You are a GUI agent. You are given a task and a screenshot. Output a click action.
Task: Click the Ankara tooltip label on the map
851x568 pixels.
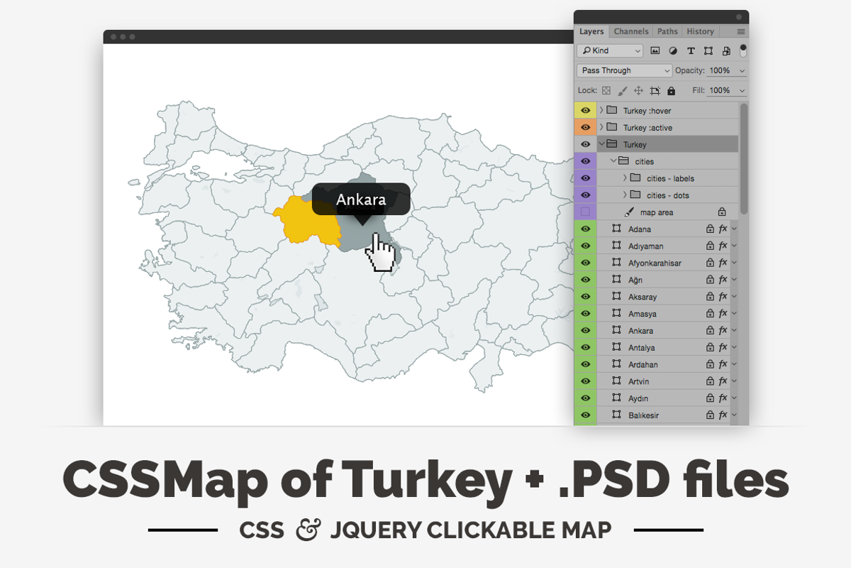[x=361, y=200]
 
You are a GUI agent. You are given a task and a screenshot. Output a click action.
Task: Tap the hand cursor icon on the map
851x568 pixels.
[x=382, y=254]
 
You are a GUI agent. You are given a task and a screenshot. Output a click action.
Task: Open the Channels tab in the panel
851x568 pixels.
[x=630, y=31]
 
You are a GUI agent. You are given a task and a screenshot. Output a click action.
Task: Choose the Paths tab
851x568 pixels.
[x=667, y=31]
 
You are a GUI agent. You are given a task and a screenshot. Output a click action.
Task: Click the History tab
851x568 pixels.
[x=700, y=31]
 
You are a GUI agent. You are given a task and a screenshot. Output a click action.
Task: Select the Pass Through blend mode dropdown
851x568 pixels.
[x=624, y=70]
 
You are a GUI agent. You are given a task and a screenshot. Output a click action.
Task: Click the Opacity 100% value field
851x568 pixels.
[x=720, y=70]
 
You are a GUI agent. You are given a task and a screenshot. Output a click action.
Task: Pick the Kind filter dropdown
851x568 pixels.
[x=609, y=50]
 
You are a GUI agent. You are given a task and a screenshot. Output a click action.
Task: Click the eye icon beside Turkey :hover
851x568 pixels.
[x=585, y=111]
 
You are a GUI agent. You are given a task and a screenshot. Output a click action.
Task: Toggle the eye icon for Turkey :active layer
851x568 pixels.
[x=585, y=128]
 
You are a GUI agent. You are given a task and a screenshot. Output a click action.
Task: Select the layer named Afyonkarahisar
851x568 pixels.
[x=654, y=263]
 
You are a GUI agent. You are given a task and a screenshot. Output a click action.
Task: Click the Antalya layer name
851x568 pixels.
[x=641, y=348]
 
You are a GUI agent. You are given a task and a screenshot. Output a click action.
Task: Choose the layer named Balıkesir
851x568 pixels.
[x=643, y=415]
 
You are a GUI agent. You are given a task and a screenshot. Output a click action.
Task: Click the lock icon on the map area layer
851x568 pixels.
[x=721, y=212]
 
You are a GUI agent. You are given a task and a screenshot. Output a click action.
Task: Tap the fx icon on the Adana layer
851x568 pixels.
[x=723, y=229]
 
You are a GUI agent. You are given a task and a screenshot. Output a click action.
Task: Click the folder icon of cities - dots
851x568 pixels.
[x=635, y=195]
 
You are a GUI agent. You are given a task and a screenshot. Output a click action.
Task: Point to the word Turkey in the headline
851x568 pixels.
[x=425, y=480]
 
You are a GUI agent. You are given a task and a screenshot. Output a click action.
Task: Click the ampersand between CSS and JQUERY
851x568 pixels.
[x=308, y=530]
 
